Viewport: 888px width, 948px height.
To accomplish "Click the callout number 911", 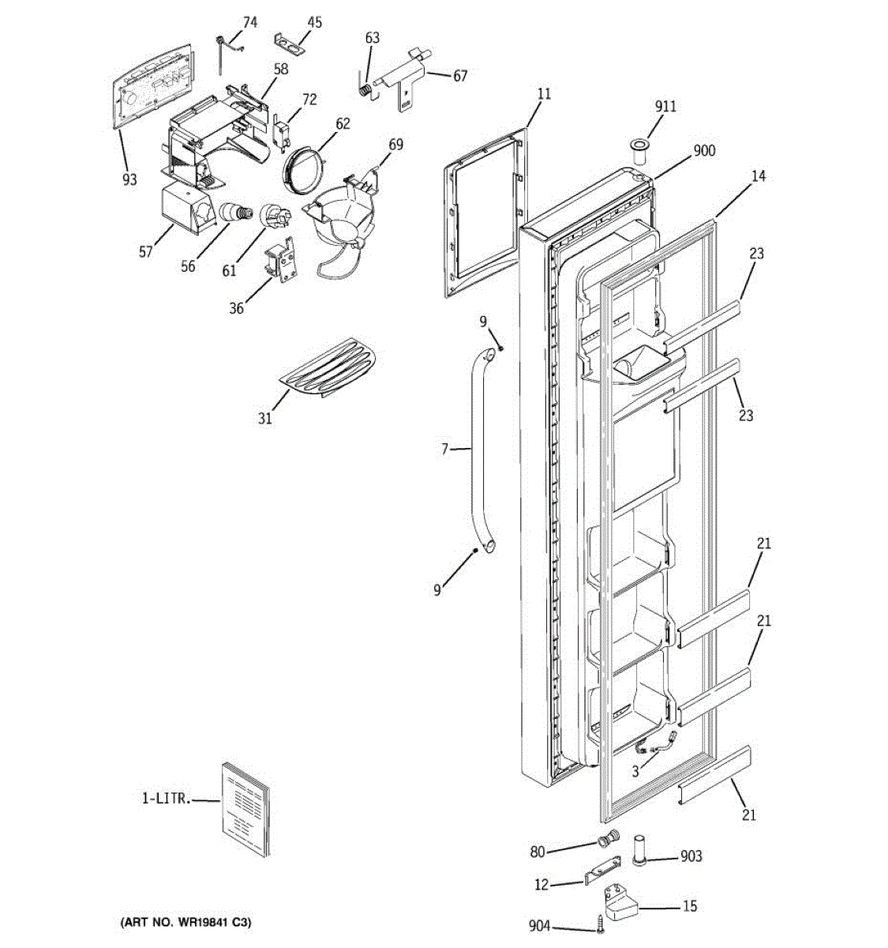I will tap(665, 107).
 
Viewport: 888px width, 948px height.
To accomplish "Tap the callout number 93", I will tap(129, 180).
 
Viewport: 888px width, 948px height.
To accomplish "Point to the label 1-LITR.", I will tap(166, 799).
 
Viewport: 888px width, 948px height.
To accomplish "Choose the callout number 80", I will tap(538, 852).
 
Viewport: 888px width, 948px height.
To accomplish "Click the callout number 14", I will tap(758, 176).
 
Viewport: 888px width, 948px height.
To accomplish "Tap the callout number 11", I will tap(544, 94).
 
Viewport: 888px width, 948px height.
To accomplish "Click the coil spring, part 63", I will tap(365, 89).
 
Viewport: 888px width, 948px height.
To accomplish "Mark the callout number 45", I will tap(314, 22).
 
